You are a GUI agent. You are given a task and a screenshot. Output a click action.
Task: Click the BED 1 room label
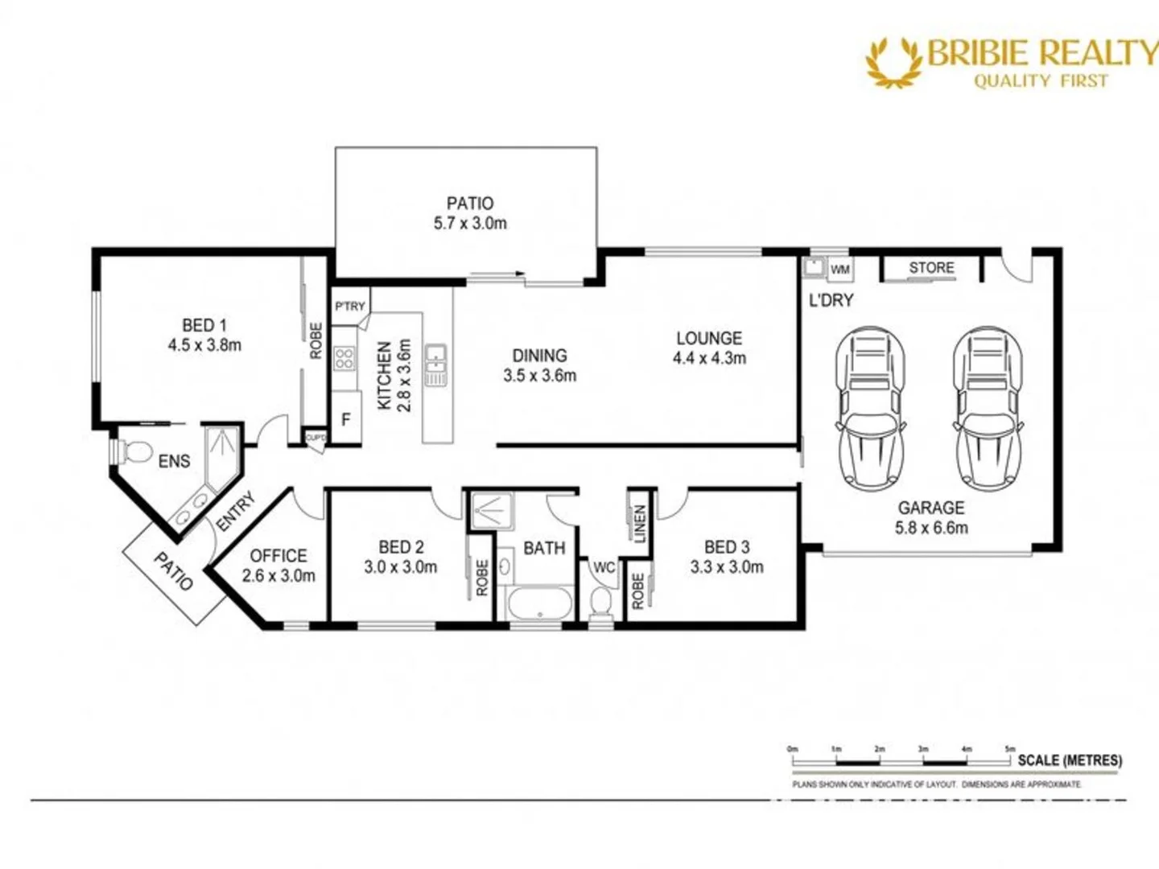204,326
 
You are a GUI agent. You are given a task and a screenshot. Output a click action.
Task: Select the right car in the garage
988,406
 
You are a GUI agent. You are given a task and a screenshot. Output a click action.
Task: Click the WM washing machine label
839,270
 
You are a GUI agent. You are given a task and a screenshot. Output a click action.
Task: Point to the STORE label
931,268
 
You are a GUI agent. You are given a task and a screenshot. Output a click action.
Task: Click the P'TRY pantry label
350,307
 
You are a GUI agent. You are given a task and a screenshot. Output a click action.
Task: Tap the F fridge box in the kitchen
346,419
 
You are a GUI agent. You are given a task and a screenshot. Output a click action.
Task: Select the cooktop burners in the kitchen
344,357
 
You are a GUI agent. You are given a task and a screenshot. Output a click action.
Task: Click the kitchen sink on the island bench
435,364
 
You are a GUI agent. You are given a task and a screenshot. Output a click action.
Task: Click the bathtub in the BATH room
538,604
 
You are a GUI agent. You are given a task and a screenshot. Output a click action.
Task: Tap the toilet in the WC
600,601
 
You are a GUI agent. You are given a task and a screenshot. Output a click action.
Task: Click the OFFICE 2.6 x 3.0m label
278,566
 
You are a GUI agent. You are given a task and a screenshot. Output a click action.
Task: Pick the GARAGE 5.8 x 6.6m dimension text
931,528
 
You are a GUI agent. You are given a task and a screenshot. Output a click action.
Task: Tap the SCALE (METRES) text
1069,760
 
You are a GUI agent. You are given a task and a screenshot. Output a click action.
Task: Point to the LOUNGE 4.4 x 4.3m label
709,348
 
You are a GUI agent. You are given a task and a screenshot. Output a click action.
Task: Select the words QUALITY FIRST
1041,80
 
